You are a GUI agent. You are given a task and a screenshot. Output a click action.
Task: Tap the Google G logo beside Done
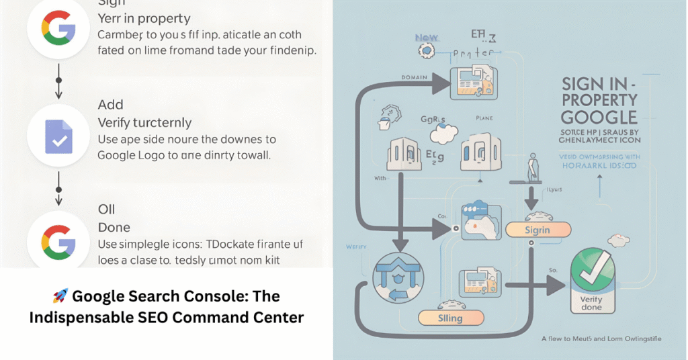point(58,239)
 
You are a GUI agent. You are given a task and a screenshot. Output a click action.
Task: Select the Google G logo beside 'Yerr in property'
point(58,29)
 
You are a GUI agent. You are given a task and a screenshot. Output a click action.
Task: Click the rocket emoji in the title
point(60,296)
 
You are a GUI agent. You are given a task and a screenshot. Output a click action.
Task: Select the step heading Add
point(111,104)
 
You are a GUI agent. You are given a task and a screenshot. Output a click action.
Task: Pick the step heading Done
point(114,228)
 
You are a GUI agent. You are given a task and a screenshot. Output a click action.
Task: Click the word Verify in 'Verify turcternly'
point(117,123)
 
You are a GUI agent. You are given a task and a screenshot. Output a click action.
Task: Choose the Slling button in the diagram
point(451,318)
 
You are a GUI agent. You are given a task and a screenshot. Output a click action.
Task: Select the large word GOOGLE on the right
point(599,118)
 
